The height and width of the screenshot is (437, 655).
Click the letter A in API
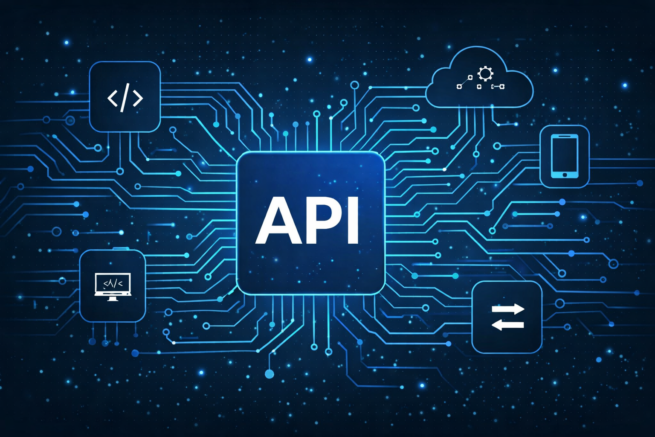point(278,220)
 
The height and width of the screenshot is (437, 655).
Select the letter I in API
point(353,220)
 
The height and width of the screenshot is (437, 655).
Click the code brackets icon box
point(125,97)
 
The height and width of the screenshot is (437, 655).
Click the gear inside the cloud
point(485,73)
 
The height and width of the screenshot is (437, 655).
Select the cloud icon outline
point(479,77)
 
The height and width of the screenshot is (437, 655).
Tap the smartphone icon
point(564,156)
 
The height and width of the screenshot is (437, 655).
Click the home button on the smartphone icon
point(564,175)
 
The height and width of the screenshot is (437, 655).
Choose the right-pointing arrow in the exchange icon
point(508,309)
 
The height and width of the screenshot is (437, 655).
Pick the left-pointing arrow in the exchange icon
point(507,325)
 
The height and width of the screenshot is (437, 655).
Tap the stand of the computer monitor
point(113,299)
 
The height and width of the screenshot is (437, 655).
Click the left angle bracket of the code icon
point(113,98)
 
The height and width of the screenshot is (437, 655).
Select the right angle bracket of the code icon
point(138,98)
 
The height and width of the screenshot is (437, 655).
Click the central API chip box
point(310,223)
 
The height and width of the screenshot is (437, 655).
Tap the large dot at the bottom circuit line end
point(270,374)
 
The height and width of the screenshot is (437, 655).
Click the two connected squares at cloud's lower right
point(498,86)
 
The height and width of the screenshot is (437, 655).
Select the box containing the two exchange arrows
point(507,317)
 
